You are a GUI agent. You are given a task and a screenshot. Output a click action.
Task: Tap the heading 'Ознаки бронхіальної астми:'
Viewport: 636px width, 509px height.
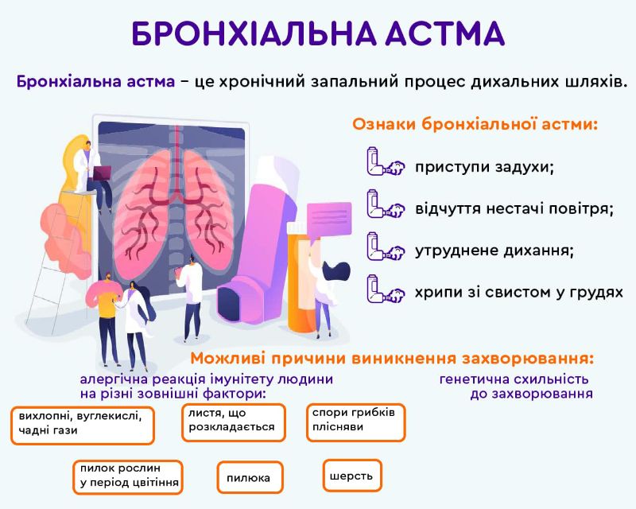pyautogui.click(x=475, y=124)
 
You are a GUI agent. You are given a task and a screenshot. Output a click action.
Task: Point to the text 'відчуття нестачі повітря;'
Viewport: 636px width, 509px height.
pyautogui.click(x=514, y=209)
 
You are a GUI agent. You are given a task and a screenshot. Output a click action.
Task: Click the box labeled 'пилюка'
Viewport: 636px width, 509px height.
pyautogui.click(x=250, y=478)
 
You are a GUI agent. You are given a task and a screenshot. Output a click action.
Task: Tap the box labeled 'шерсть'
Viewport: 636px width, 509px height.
pyautogui.click(x=352, y=476)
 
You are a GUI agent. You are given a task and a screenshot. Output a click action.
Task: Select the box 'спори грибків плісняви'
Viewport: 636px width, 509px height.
pyautogui.click(x=355, y=421)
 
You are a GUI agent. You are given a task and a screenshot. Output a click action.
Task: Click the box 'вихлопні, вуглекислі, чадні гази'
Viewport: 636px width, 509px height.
pyautogui.click(x=81, y=424)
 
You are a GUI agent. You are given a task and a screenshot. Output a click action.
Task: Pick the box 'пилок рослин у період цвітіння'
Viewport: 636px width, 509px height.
pyautogui.click(x=127, y=476)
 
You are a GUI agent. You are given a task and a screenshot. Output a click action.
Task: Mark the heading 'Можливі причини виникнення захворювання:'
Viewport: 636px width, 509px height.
pyautogui.click(x=392, y=358)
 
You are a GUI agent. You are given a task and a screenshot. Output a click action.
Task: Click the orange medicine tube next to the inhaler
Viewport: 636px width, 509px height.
pyautogui.click(x=301, y=278)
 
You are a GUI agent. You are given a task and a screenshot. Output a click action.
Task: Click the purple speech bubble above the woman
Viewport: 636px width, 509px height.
pyautogui.click(x=328, y=216)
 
